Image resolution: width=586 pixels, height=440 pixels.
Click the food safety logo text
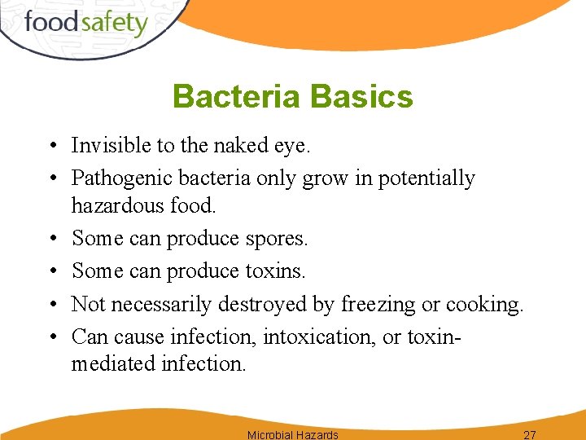click(85, 23)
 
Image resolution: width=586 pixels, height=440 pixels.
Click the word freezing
click(378, 305)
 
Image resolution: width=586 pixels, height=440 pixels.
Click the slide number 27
click(529, 434)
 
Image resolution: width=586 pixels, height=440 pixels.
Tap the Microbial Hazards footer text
click(292, 434)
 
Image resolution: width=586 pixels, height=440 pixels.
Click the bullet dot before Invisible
click(51, 147)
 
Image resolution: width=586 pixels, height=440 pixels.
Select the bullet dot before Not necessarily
click(51, 305)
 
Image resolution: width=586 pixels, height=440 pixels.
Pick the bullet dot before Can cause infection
click(51, 337)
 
